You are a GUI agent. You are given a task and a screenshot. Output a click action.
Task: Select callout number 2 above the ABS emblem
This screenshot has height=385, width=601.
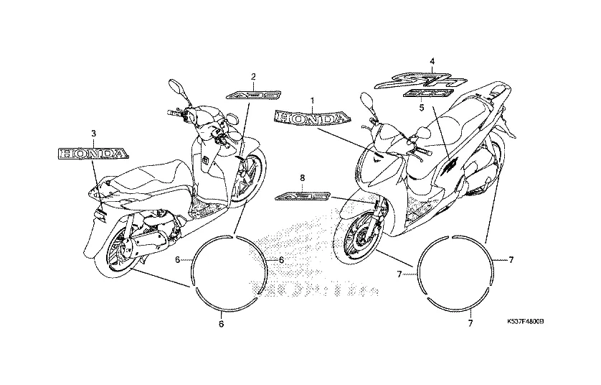pos(252,76)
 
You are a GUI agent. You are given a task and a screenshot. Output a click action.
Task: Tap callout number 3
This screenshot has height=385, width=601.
pos(93,134)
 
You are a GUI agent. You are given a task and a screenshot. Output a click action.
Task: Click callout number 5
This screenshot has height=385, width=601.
pos(422,107)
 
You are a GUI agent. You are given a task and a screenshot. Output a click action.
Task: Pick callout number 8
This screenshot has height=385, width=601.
pos(303,177)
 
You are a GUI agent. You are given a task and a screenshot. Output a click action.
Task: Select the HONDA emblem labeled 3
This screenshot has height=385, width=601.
pos(93,152)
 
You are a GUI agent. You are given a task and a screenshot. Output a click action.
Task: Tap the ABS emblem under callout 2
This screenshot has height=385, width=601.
pos(248,93)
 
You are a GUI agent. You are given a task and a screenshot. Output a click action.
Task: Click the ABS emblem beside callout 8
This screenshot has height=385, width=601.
pos(303,195)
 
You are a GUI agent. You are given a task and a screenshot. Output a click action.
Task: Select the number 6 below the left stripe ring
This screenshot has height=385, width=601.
pos(221,325)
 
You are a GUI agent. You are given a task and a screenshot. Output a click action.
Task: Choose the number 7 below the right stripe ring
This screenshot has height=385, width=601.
pos(470,325)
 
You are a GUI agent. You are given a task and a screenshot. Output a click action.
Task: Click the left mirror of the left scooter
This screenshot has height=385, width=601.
pos(175,87)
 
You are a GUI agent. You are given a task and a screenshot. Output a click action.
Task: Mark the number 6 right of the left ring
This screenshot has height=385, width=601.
pos(281,259)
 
